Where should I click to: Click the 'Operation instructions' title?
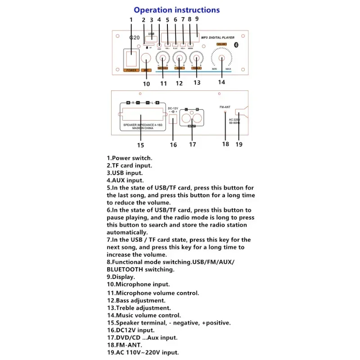pyautogui.click(x=177, y=10)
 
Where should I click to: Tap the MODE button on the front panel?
pyautogui.click(x=190, y=45)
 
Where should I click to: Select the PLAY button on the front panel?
pyautogui.click(x=175, y=45)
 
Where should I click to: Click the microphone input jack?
pyautogui.click(x=146, y=58)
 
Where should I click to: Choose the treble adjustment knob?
pyautogui.click(x=196, y=58)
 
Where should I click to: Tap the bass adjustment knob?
pyautogui.click(x=179, y=58)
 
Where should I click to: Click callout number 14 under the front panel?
pyautogui.click(x=221, y=82)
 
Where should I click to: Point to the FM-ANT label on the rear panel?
pyautogui.click(x=225, y=107)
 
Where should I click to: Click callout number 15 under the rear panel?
pyautogui.click(x=140, y=145)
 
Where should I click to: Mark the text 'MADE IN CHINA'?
pyautogui.click(x=143, y=128)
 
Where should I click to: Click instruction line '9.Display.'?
pyautogui.click(x=121, y=277)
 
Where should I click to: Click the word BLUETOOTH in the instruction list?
pyautogui.click(x=126, y=269)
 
